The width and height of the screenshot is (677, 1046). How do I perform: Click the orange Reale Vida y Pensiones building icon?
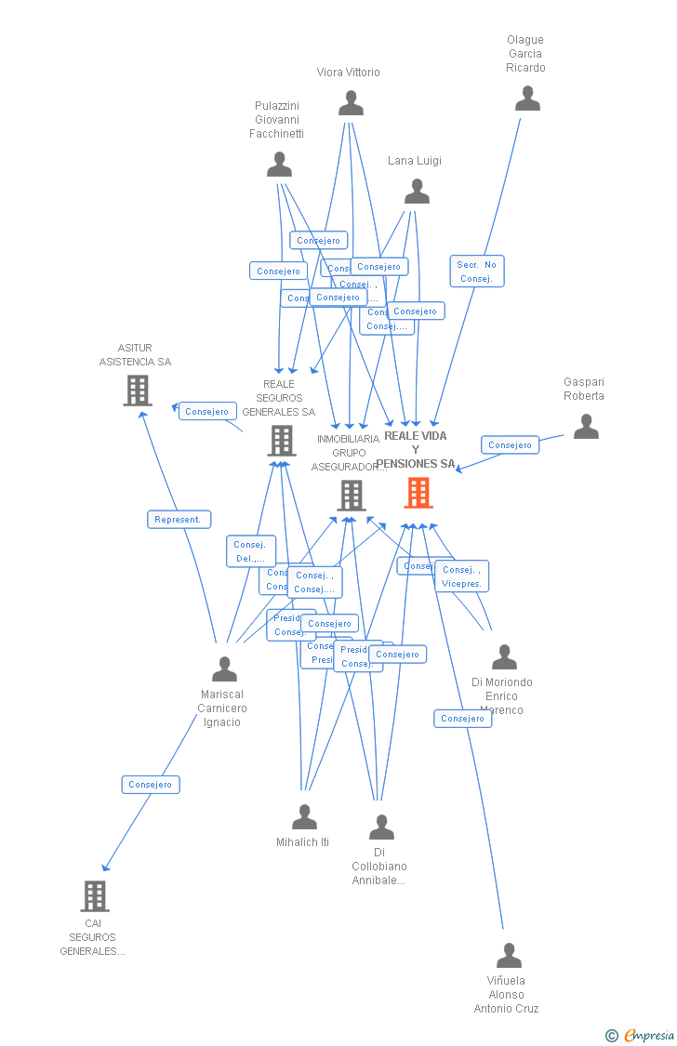(418, 493)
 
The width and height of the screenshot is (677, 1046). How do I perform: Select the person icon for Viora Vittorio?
(351, 103)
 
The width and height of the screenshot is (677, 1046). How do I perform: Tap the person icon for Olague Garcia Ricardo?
(527, 99)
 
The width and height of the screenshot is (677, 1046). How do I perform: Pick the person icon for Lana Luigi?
(417, 192)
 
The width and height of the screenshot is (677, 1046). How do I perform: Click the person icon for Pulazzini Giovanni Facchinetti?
(279, 165)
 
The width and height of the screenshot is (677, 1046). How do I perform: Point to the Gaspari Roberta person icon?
(586, 427)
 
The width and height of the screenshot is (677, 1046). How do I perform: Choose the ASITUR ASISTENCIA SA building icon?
(138, 391)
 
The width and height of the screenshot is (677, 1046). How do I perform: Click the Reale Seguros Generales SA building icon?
(282, 441)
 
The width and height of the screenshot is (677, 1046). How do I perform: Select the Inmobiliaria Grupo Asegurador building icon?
(351, 496)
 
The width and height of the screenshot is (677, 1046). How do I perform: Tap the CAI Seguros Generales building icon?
(95, 896)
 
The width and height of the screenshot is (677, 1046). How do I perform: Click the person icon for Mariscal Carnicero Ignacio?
(224, 669)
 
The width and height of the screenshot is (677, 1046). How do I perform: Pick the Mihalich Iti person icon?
(304, 818)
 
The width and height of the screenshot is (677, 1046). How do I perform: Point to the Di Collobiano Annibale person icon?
(381, 828)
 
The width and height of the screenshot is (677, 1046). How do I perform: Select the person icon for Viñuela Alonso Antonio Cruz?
(509, 956)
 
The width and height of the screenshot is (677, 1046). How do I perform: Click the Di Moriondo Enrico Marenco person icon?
(504, 657)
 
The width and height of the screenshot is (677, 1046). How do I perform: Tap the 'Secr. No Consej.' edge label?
(477, 271)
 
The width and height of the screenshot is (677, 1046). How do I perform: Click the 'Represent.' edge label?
(179, 520)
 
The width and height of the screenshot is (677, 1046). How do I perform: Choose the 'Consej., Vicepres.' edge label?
(461, 576)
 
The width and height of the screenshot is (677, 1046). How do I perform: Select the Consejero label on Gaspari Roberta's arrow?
(510, 445)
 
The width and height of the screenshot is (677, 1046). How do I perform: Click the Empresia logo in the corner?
(642, 1035)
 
